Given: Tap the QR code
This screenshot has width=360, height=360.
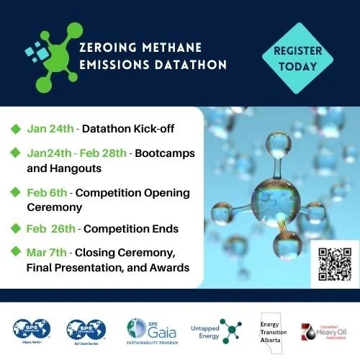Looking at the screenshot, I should (x=335, y=263).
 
